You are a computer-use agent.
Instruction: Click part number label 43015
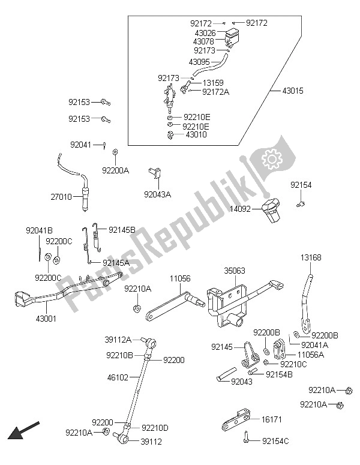click(x=293, y=91)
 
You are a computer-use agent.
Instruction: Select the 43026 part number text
click(x=205, y=33)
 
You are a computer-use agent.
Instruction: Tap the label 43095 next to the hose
click(x=199, y=62)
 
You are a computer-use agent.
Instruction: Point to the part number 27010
click(x=61, y=197)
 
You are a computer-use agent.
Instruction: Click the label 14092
click(x=240, y=209)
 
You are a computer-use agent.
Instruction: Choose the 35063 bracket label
click(x=235, y=271)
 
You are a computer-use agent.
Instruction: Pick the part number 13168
click(x=311, y=257)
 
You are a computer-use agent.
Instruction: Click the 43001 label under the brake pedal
click(x=46, y=319)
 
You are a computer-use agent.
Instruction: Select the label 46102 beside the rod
click(x=118, y=377)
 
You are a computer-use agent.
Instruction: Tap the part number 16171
click(x=272, y=419)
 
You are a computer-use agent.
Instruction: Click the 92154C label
click(x=275, y=441)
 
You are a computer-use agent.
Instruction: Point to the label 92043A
click(x=157, y=194)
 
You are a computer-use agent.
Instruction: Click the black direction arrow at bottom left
click(x=23, y=430)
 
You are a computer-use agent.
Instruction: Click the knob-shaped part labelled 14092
click(x=271, y=211)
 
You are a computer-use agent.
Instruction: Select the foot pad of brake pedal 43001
click(x=23, y=298)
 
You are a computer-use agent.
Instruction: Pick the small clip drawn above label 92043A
click(x=154, y=173)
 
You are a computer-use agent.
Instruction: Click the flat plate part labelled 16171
click(x=236, y=421)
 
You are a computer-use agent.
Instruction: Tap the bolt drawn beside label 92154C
click(x=246, y=437)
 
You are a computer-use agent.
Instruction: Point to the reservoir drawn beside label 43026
click(x=232, y=37)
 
